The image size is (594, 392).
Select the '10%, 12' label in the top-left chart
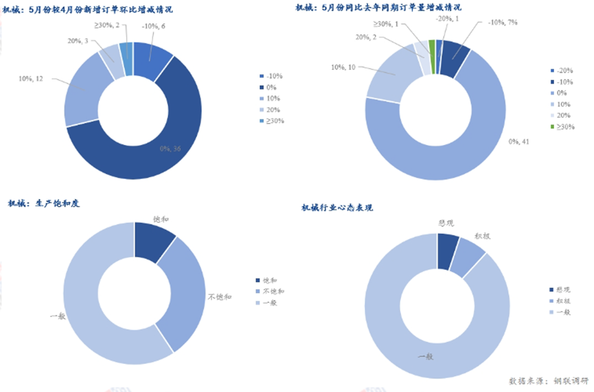pyautogui.click(x=32, y=79)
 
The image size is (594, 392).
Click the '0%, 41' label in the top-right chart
pyautogui.click(x=521, y=142)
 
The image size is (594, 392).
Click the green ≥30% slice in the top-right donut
pyautogui.click(x=432, y=47)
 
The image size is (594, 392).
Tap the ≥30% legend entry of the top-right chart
pyautogui.click(x=562, y=126)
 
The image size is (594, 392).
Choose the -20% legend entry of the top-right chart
pyautogui.click(x=562, y=71)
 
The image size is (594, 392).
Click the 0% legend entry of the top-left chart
pyautogui.click(x=272, y=87)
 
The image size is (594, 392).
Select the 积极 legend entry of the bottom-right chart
pyautogui.click(x=563, y=301)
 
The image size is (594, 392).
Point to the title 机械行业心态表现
pyautogui.click(x=338, y=207)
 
